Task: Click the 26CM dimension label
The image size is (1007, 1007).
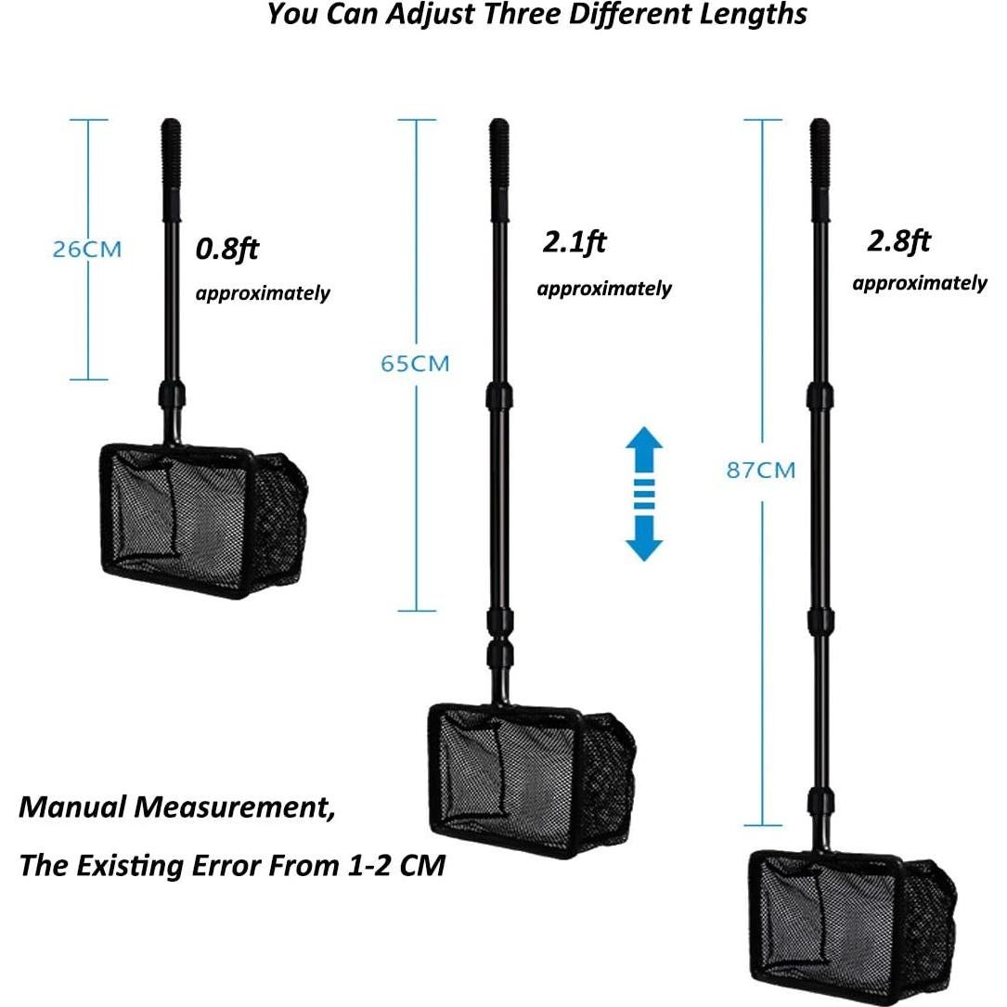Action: point(86,249)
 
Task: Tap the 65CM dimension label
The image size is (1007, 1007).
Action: point(415,364)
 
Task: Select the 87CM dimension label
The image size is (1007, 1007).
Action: point(761,471)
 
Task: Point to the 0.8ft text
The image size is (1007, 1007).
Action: point(226,249)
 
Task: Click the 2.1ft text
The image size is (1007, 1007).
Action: point(575,242)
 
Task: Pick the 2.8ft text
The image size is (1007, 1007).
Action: point(898,241)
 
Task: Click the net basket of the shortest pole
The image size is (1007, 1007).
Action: point(203,520)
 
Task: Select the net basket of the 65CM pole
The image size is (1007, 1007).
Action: point(532,781)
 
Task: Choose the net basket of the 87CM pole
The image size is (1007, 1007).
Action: point(853,927)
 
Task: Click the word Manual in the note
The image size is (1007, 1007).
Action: point(72,807)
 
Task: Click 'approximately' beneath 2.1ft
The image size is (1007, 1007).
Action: point(604,289)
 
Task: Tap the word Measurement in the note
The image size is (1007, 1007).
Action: point(235,807)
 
